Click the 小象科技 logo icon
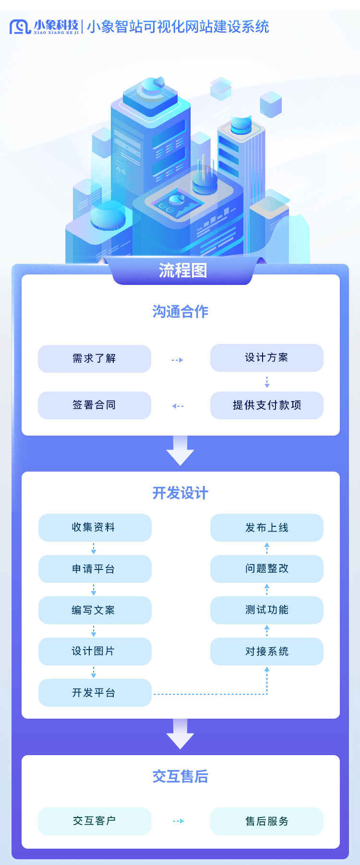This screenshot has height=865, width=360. coord(20,27)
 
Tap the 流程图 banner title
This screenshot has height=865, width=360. coord(182,271)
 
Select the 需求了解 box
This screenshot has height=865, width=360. coord(95,358)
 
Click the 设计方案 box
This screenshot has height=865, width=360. coord(267,357)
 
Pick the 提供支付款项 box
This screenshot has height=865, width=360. coord(267,405)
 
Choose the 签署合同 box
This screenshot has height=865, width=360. coord(95,405)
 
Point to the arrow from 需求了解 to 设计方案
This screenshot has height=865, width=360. coord(178,360)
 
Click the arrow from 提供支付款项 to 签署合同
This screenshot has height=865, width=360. coord(178,406)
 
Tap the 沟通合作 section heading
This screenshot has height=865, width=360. coord(180,311)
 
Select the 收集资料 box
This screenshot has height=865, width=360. coord(95,528)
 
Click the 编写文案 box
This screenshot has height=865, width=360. coord(95,610)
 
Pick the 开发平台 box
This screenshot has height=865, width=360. coord(95,693)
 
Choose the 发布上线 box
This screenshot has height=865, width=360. coord(267,528)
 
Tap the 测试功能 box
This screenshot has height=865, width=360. coord(267,610)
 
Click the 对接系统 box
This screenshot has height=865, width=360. coord(267,652)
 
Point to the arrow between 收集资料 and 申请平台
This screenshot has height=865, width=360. coord(94,548)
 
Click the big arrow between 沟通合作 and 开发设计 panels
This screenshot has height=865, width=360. coord(180,450)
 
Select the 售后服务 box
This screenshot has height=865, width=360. coord(267,821)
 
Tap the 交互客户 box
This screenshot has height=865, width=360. coord(95,821)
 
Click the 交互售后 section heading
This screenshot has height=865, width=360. coord(180,776)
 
